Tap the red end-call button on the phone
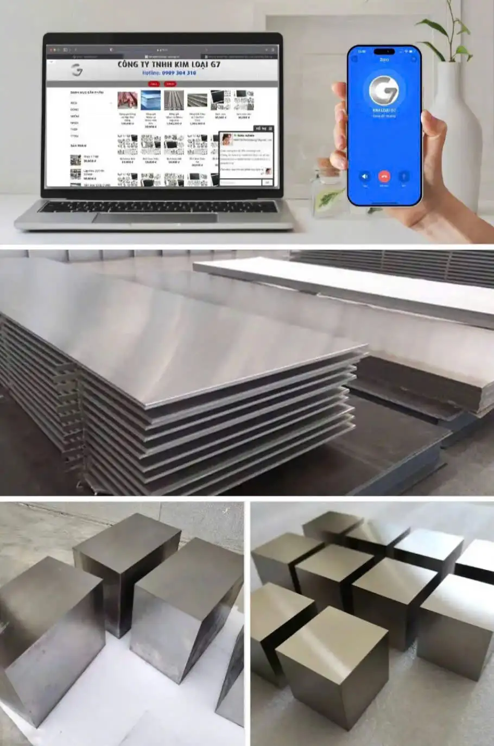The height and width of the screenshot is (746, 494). click(x=384, y=176)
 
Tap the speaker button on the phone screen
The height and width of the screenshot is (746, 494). click(x=365, y=176)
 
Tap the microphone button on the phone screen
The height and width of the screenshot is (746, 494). click(x=404, y=176)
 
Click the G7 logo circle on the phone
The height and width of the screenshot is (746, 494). click(x=384, y=90)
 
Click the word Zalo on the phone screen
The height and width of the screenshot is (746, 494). click(x=384, y=59)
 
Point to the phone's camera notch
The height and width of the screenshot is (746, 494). click(x=384, y=52)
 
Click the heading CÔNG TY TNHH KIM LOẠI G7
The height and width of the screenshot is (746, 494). click(x=169, y=65)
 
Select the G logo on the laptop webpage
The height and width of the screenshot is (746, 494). click(x=77, y=70)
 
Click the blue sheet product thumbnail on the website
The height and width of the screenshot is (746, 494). click(x=151, y=100)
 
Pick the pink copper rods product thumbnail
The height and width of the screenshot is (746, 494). click(x=128, y=100)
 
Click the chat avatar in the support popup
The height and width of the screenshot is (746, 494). click(x=227, y=139)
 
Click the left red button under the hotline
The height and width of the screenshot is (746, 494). click(x=154, y=84)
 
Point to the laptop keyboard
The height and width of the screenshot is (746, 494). click(x=157, y=206)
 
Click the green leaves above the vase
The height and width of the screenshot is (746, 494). click(x=442, y=33)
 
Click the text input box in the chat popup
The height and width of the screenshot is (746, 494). click(x=240, y=182)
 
